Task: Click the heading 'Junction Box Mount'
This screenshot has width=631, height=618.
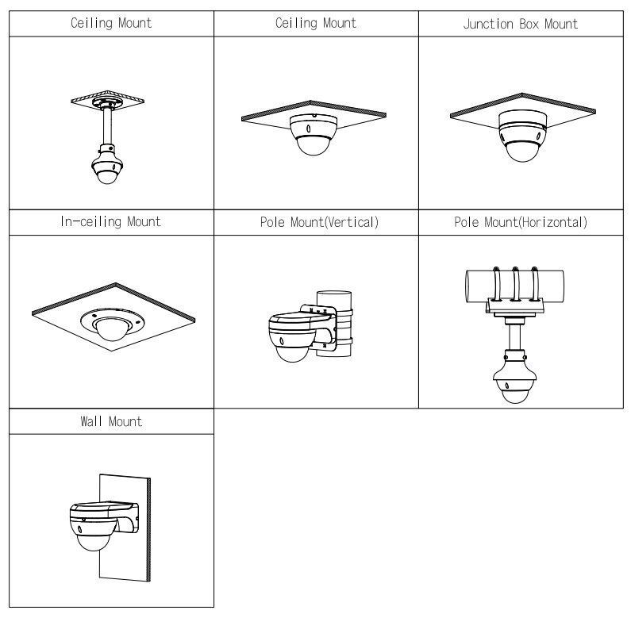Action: click(520, 24)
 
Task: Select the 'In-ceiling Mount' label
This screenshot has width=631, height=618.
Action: click(111, 222)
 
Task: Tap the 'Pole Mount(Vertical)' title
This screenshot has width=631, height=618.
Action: click(316, 222)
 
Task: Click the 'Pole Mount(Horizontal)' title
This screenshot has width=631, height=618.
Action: click(520, 222)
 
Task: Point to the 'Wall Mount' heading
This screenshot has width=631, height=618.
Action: click(111, 421)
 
